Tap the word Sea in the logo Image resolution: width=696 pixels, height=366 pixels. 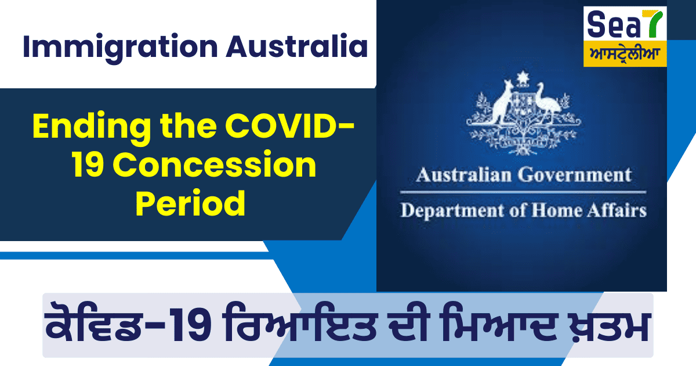611,24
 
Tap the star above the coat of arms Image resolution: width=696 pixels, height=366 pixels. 523,77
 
